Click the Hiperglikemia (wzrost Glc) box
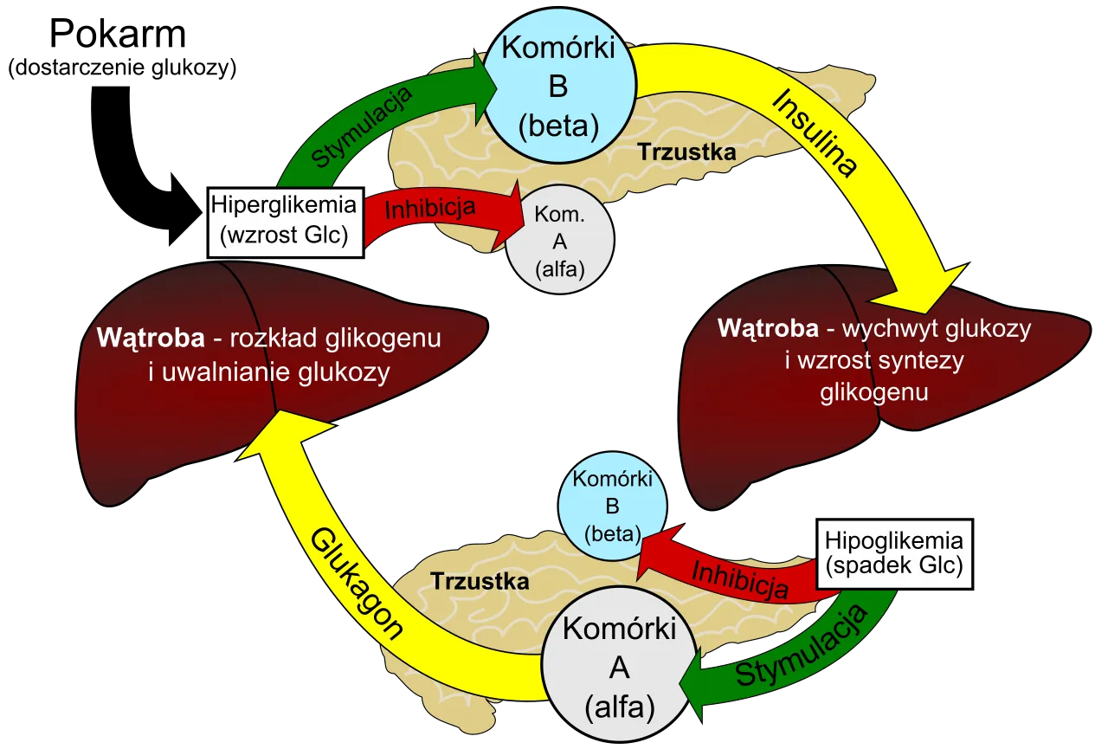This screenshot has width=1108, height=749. [284, 222]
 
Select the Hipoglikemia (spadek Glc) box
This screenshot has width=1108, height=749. [893, 554]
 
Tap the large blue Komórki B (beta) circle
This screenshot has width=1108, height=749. [558, 87]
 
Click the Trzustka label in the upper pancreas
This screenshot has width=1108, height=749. [687, 152]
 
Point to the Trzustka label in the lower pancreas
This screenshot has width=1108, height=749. [480, 581]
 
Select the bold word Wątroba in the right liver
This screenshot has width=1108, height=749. [768, 329]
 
